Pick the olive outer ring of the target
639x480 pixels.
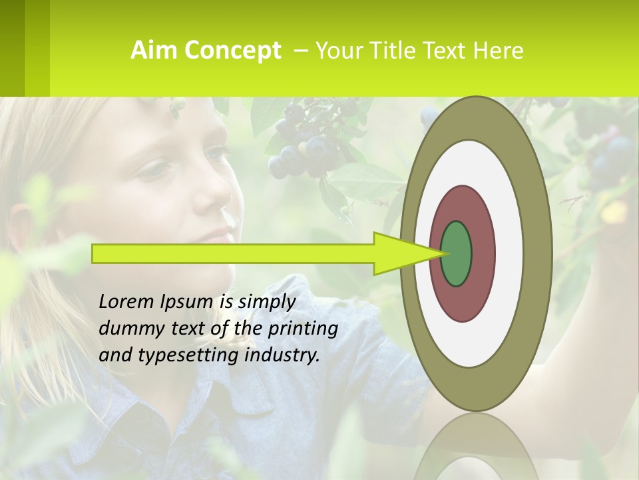[539, 253]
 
